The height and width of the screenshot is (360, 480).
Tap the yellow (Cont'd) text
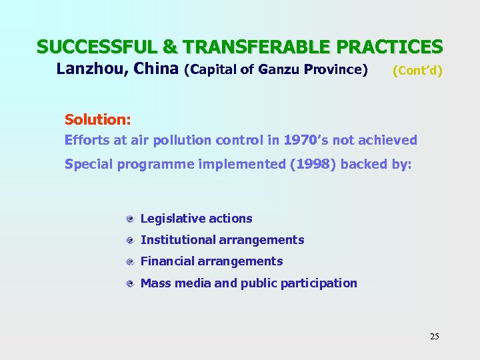417,70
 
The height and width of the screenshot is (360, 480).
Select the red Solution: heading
97,119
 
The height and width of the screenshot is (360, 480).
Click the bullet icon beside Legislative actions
132,219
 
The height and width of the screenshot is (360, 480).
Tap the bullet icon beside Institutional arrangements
132,241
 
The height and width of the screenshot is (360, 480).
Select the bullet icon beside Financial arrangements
132,262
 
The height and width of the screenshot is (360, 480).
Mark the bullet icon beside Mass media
132,283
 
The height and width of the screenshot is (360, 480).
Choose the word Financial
167,261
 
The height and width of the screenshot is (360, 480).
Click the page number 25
434,336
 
